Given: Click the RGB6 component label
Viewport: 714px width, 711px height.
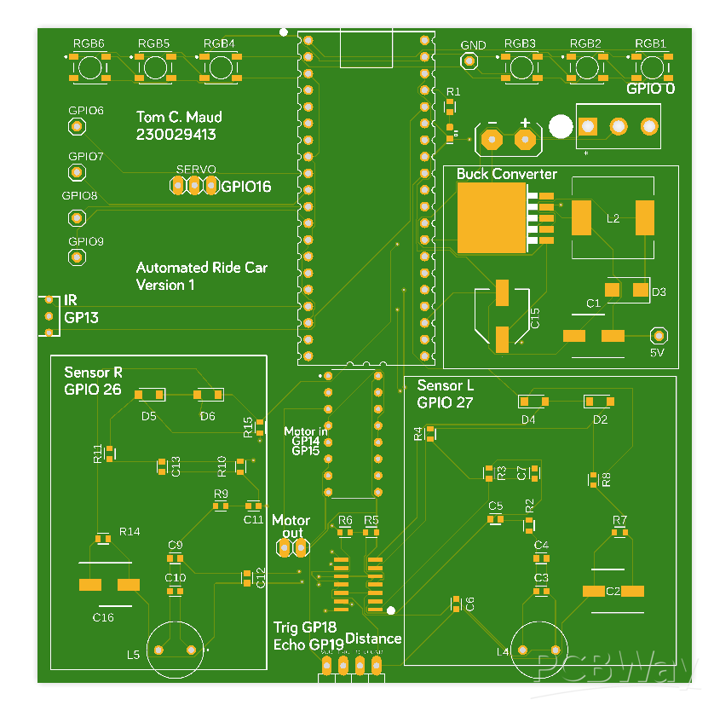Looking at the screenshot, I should [89, 43].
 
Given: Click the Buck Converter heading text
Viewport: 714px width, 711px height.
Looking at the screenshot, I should [506, 175].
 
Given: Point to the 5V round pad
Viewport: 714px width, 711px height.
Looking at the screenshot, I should [657, 335].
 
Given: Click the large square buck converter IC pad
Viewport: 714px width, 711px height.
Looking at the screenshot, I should [492, 217].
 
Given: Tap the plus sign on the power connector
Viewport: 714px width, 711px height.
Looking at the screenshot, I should [525, 123].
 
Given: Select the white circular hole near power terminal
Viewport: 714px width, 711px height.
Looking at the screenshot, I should [560, 127].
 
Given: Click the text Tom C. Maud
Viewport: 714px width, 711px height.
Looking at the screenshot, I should [179, 117].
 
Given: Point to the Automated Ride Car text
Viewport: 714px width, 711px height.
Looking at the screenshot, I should [202, 268].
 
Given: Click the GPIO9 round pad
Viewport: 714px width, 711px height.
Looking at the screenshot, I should [77, 257].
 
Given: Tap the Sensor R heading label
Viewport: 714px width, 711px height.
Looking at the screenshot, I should [93, 373].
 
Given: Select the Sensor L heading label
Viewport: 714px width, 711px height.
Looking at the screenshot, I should [445, 386].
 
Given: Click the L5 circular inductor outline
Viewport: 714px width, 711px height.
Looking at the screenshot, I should [176, 648].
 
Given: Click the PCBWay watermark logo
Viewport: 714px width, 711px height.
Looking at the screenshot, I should [616, 670].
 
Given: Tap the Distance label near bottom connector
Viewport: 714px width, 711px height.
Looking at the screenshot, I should [373, 639].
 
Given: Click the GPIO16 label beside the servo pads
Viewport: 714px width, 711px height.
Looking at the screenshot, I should [245, 187].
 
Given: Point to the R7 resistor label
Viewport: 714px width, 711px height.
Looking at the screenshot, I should [619, 520].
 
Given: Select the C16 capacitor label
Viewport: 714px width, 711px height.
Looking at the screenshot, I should [103, 617].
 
